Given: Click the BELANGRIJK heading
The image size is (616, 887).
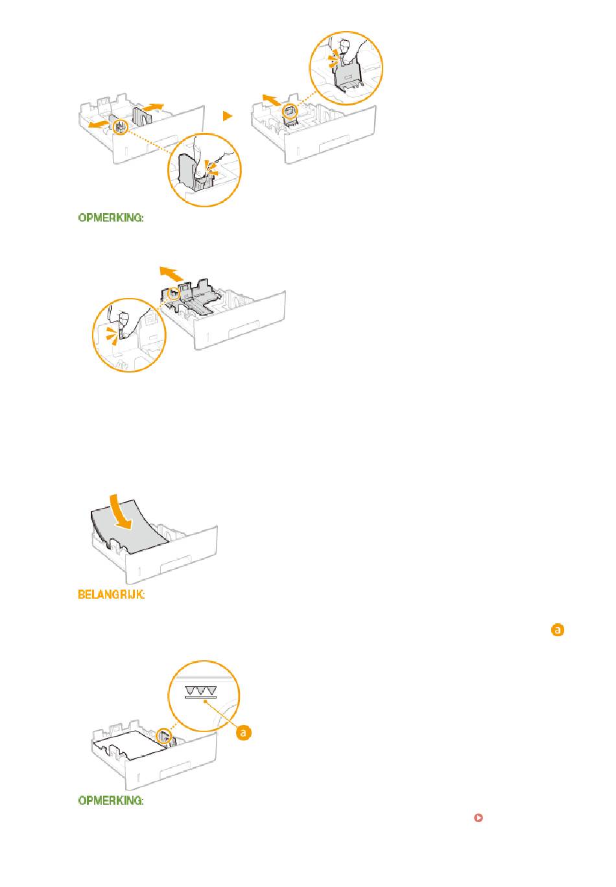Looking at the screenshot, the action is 111,595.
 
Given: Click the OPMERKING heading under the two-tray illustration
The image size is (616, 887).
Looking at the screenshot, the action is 111,218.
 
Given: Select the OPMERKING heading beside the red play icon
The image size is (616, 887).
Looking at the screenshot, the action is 111,800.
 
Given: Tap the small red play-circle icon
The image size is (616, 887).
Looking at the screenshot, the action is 478,818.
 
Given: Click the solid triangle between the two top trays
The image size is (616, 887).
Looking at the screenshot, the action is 227,116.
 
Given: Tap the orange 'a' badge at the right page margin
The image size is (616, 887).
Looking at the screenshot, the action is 558,630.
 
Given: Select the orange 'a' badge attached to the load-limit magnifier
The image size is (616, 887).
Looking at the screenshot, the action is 243,733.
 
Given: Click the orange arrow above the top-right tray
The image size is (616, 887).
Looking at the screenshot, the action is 272,100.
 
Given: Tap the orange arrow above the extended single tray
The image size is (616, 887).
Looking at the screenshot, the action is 172,273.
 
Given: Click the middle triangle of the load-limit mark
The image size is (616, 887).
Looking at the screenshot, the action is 200,691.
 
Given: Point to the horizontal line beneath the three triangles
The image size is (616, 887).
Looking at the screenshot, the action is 200,698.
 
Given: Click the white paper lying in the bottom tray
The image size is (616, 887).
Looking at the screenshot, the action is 129,745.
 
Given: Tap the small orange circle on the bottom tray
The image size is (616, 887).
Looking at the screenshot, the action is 163,736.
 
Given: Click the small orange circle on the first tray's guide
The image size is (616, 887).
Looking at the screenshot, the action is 121,128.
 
